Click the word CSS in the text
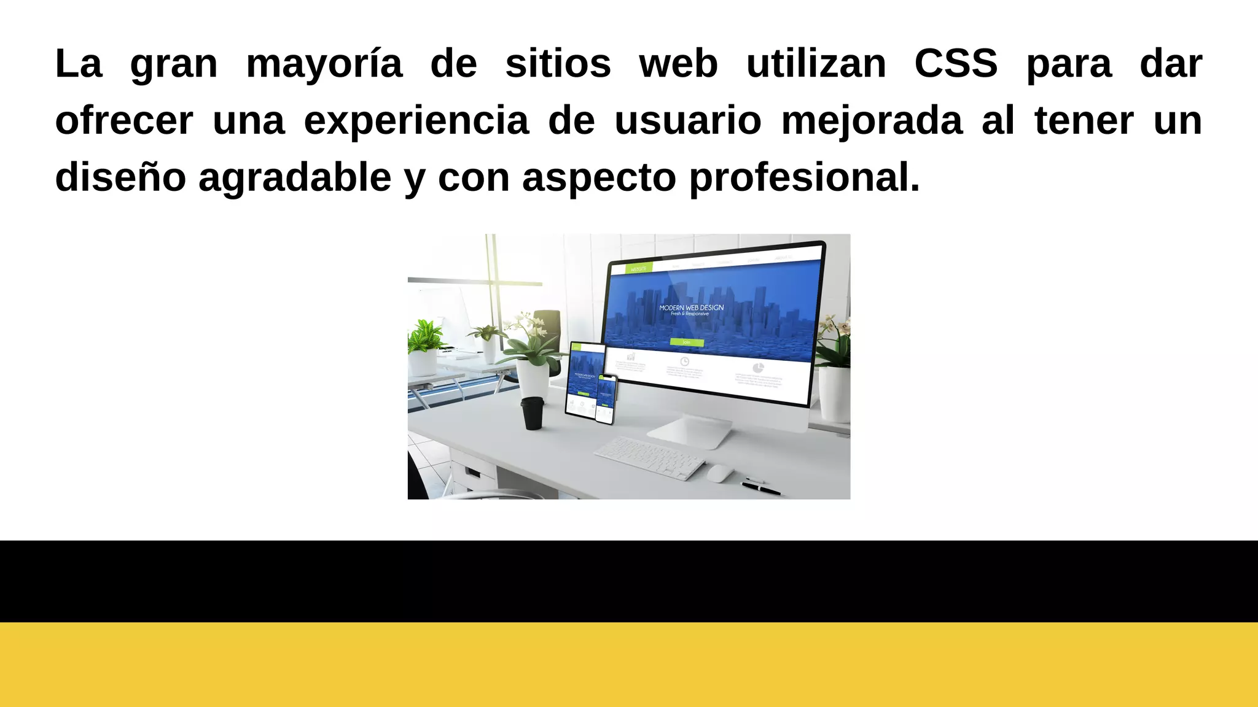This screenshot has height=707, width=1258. coord(956,63)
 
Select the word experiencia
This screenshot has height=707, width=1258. coord(416,121)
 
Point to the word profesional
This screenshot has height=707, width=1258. coord(804,178)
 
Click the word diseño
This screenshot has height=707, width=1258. coord(120,177)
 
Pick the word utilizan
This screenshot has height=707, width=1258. coord(816,63)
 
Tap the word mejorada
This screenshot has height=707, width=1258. coord(872,121)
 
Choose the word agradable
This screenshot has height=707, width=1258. coord(295,178)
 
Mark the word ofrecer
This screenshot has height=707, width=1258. coord(124,121)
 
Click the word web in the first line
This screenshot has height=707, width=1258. coord(678,63)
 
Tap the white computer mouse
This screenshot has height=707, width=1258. coord(720,473)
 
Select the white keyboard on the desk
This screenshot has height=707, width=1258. coord(649,458)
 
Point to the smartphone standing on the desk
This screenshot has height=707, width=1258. coord(606,399)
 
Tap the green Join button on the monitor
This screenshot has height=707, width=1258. coord(686,342)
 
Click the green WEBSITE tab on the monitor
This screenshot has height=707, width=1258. coord(638,269)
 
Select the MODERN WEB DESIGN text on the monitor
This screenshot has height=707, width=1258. coord(691,307)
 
